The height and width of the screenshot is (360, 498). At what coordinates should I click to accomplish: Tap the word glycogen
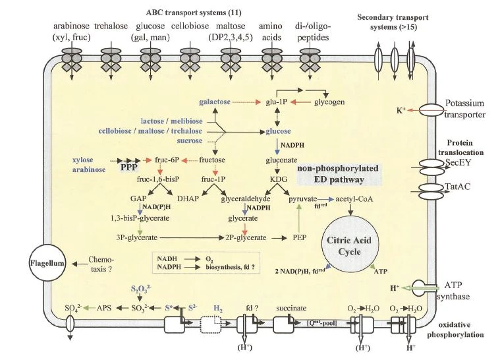327,102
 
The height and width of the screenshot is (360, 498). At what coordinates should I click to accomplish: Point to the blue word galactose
219,102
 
